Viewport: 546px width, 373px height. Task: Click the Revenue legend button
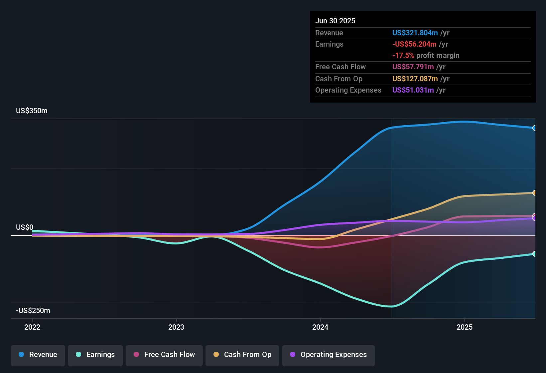pyautogui.click(x=38, y=355)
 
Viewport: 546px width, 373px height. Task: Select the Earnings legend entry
pyautogui.click(x=95, y=355)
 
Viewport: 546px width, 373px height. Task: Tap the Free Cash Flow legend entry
pyautogui.click(x=164, y=355)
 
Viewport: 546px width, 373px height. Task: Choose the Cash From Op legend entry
pyautogui.click(x=242, y=355)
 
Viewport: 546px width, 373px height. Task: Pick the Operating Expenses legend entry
pyautogui.click(x=329, y=355)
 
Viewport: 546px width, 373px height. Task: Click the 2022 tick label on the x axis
pyautogui.click(x=32, y=327)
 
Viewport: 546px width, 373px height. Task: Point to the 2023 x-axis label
pyautogui.click(x=176, y=327)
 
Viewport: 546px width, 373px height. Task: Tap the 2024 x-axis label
pyautogui.click(x=320, y=327)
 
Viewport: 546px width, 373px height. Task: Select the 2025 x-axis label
pyautogui.click(x=465, y=327)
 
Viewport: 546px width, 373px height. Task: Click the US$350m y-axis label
pyautogui.click(x=32, y=111)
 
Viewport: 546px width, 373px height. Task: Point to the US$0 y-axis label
pyautogui.click(x=25, y=227)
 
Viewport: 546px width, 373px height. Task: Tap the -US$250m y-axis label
pyautogui.click(x=33, y=311)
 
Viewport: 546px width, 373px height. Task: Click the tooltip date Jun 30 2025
pyautogui.click(x=335, y=21)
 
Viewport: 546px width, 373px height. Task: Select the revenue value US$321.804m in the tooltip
pyautogui.click(x=415, y=33)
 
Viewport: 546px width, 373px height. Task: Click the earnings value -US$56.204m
pyautogui.click(x=414, y=44)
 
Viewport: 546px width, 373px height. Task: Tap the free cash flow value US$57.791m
pyautogui.click(x=413, y=67)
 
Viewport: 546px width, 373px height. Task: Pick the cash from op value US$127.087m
pyautogui.click(x=415, y=79)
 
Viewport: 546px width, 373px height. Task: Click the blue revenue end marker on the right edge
pyautogui.click(x=534, y=128)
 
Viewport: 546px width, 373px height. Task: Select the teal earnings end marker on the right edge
pyautogui.click(x=534, y=254)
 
